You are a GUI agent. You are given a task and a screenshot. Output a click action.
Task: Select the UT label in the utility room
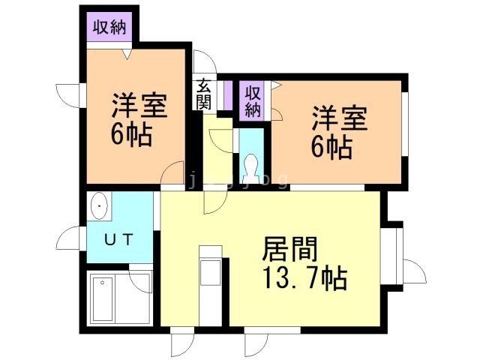click(118, 241)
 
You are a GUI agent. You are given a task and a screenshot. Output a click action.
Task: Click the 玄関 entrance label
click(204, 95)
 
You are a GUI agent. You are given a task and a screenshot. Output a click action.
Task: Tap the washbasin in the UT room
click(98, 205)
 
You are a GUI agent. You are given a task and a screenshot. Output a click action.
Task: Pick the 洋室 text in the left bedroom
click(139, 105)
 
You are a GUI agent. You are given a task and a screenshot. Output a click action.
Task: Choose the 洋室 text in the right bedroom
click(340, 118)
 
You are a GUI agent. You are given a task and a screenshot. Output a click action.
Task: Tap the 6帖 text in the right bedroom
click(331, 147)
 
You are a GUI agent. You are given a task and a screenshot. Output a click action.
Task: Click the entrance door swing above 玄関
click(204, 61)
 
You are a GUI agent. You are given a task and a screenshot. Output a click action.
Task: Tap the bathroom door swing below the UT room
click(139, 280)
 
